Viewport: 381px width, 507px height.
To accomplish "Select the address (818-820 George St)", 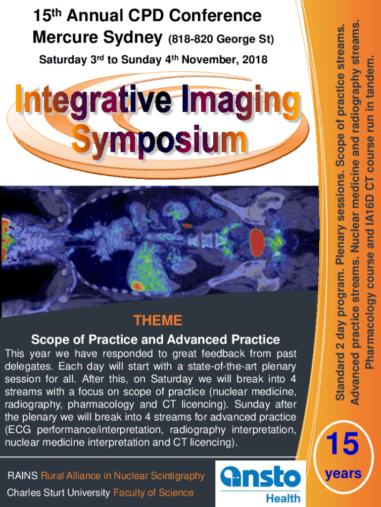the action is click(x=221, y=40).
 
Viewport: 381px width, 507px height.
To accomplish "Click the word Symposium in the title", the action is click(x=159, y=141).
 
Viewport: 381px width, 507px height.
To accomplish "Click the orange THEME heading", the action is click(x=158, y=321).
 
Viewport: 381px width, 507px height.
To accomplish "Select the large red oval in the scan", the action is click(x=257, y=243).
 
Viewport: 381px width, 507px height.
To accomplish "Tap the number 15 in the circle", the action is click(x=342, y=444).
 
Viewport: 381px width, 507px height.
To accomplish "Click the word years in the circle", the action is click(x=343, y=474).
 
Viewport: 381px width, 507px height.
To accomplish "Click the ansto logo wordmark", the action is click(x=260, y=477).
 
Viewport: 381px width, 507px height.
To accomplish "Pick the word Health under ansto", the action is click(x=283, y=498).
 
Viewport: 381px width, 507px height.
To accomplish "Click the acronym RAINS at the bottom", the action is click(x=23, y=476).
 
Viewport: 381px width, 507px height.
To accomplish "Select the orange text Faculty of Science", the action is click(x=153, y=493).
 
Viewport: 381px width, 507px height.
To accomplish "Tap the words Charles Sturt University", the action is click(x=58, y=493).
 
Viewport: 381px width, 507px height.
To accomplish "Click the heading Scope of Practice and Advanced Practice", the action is click(x=155, y=340).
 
